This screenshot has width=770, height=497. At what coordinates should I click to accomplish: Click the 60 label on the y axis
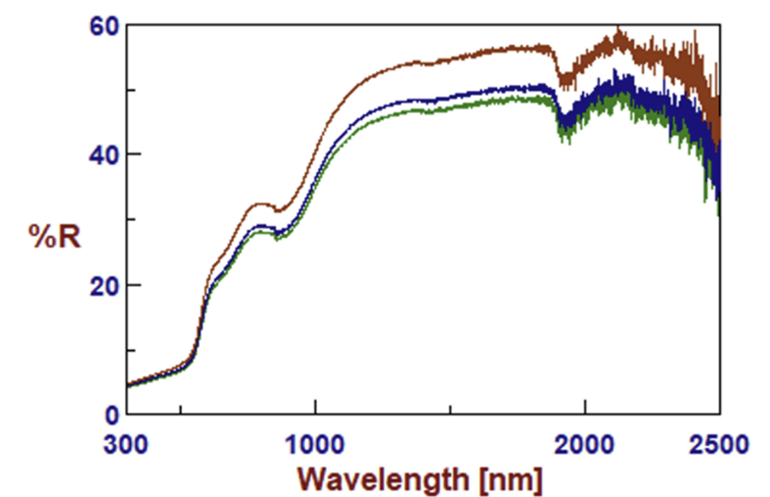pyautogui.click(x=105, y=24)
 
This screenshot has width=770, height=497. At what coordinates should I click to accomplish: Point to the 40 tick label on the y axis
pyautogui.click(x=105, y=155)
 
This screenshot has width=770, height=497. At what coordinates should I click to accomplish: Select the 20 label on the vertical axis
pyautogui.click(x=105, y=286)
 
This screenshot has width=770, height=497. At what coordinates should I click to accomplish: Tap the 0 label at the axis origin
pyautogui.click(x=112, y=415)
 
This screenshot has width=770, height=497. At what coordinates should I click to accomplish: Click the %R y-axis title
pyautogui.click(x=53, y=236)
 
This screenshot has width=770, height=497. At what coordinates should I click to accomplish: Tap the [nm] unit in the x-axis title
pyautogui.click(x=507, y=479)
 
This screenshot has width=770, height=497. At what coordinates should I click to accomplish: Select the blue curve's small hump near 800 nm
pyautogui.click(x=261, y=226)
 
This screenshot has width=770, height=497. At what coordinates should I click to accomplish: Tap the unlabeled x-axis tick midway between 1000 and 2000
pyautogui.click(x=450, y=408)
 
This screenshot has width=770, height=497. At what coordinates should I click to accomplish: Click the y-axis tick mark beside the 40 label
pyautogui.click(x=131, y=155)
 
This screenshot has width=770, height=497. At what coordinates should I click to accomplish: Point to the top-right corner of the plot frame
pyautogui.click(x=721, y=23)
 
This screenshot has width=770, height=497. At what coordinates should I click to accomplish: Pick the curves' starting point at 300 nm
pyautogui.click(x=128, y=385)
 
